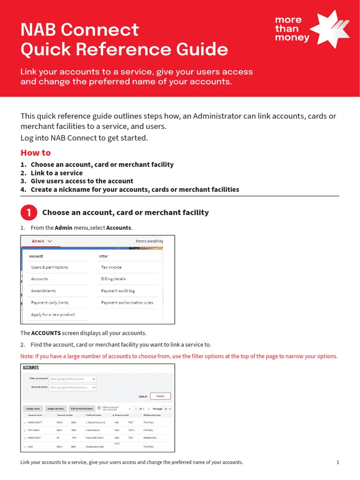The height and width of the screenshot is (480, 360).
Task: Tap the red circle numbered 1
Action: (x=29, y=213)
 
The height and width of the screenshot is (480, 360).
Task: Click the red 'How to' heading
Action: (x=36, y=153)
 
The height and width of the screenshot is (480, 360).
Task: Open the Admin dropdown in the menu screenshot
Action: (x=42, y=241)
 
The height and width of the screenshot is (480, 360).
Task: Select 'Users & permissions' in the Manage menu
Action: (x=50, y=267)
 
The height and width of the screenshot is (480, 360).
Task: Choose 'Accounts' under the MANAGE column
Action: (x=39, y=279)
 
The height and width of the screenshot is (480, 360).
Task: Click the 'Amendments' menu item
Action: (x=43, y=291)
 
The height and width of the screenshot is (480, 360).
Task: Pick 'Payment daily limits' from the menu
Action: (x=50, y=303)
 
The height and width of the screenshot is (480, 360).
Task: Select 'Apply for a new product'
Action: (x=53, y=315)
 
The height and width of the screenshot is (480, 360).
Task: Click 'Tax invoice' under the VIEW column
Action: (x=111, y=267)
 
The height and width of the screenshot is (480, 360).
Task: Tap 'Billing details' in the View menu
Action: (x=113, y=279)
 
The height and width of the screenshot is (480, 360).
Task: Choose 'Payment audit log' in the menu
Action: (x=118, y=291)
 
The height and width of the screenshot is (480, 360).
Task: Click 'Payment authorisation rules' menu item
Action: (x=127, y=303)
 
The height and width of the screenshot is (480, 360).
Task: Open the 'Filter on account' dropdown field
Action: (x=73, y=379)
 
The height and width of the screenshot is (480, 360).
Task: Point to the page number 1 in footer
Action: (x=337, y=462)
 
